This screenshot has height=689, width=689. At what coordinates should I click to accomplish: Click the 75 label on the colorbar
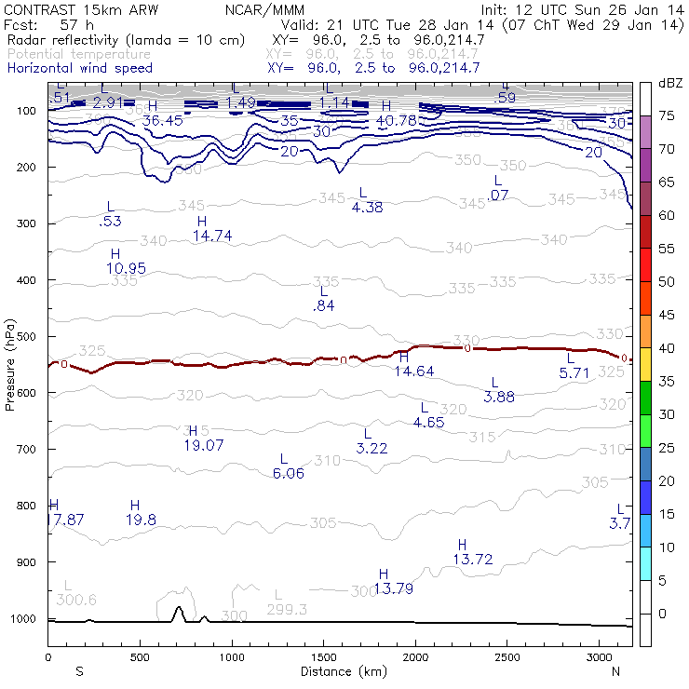(668, 116)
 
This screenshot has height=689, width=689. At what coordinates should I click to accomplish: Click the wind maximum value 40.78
(396, 120)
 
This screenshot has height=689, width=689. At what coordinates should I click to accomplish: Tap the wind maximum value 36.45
(162, 120)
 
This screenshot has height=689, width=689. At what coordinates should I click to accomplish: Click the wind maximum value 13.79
(394, 588)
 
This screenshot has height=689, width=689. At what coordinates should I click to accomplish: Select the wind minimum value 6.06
(288, 473)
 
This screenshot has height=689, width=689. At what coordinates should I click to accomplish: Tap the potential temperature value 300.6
(76, 599)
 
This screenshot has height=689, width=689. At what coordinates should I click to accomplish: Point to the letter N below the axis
(615, 671)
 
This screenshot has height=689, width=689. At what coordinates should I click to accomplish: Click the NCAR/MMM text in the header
(264, 9)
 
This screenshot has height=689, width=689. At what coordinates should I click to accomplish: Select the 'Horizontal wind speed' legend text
(79, 68)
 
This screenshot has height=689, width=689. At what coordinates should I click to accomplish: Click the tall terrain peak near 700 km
(179, 610)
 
